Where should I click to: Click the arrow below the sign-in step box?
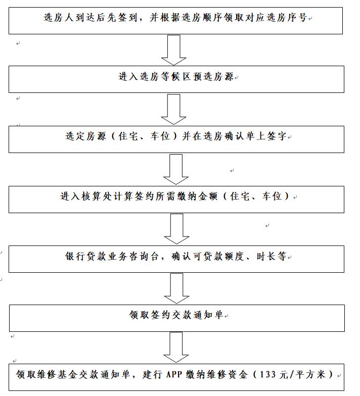coord(174,51)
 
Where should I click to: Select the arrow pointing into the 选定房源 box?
coord(174,109)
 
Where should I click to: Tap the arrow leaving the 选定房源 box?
coord(176,169)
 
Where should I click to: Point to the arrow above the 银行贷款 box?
coord(177,229)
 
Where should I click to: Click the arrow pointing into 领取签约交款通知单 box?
coord(176,288)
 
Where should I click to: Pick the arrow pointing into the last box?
coord(176,348)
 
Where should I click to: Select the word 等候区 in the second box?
coord(176,77)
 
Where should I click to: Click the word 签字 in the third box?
coord(277,136)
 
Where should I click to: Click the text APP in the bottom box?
coord(174,375)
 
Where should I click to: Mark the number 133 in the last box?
coord(268,375)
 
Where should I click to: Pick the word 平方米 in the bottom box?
coord(310,375)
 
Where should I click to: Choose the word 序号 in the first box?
coord(297,18)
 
